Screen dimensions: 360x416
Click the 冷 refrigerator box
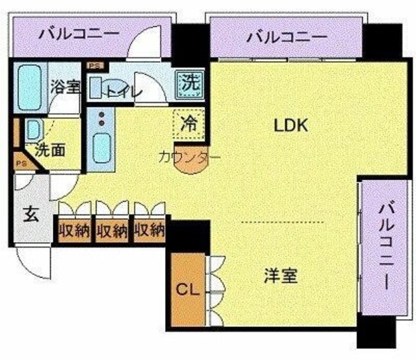pyautogui.click(x=190, y=123)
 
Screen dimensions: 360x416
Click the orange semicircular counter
pyautogui.click(x=190, y=162)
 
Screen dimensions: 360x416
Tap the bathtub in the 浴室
pyautogui.click(x=29, y=87)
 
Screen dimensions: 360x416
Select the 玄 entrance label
pyautogui.click(x=31, y=214)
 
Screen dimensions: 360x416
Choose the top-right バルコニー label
pyautogui.click(x=286, y=37)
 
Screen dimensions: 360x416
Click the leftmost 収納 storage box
pyautogui.click(x=73, y=230)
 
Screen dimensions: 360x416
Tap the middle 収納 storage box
pyautogui.click(x=111, y=230)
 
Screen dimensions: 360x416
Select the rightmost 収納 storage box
pyautogui.click(x=149, y=230)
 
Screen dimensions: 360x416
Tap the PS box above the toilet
pyautogui.click(x=95, y=66)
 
